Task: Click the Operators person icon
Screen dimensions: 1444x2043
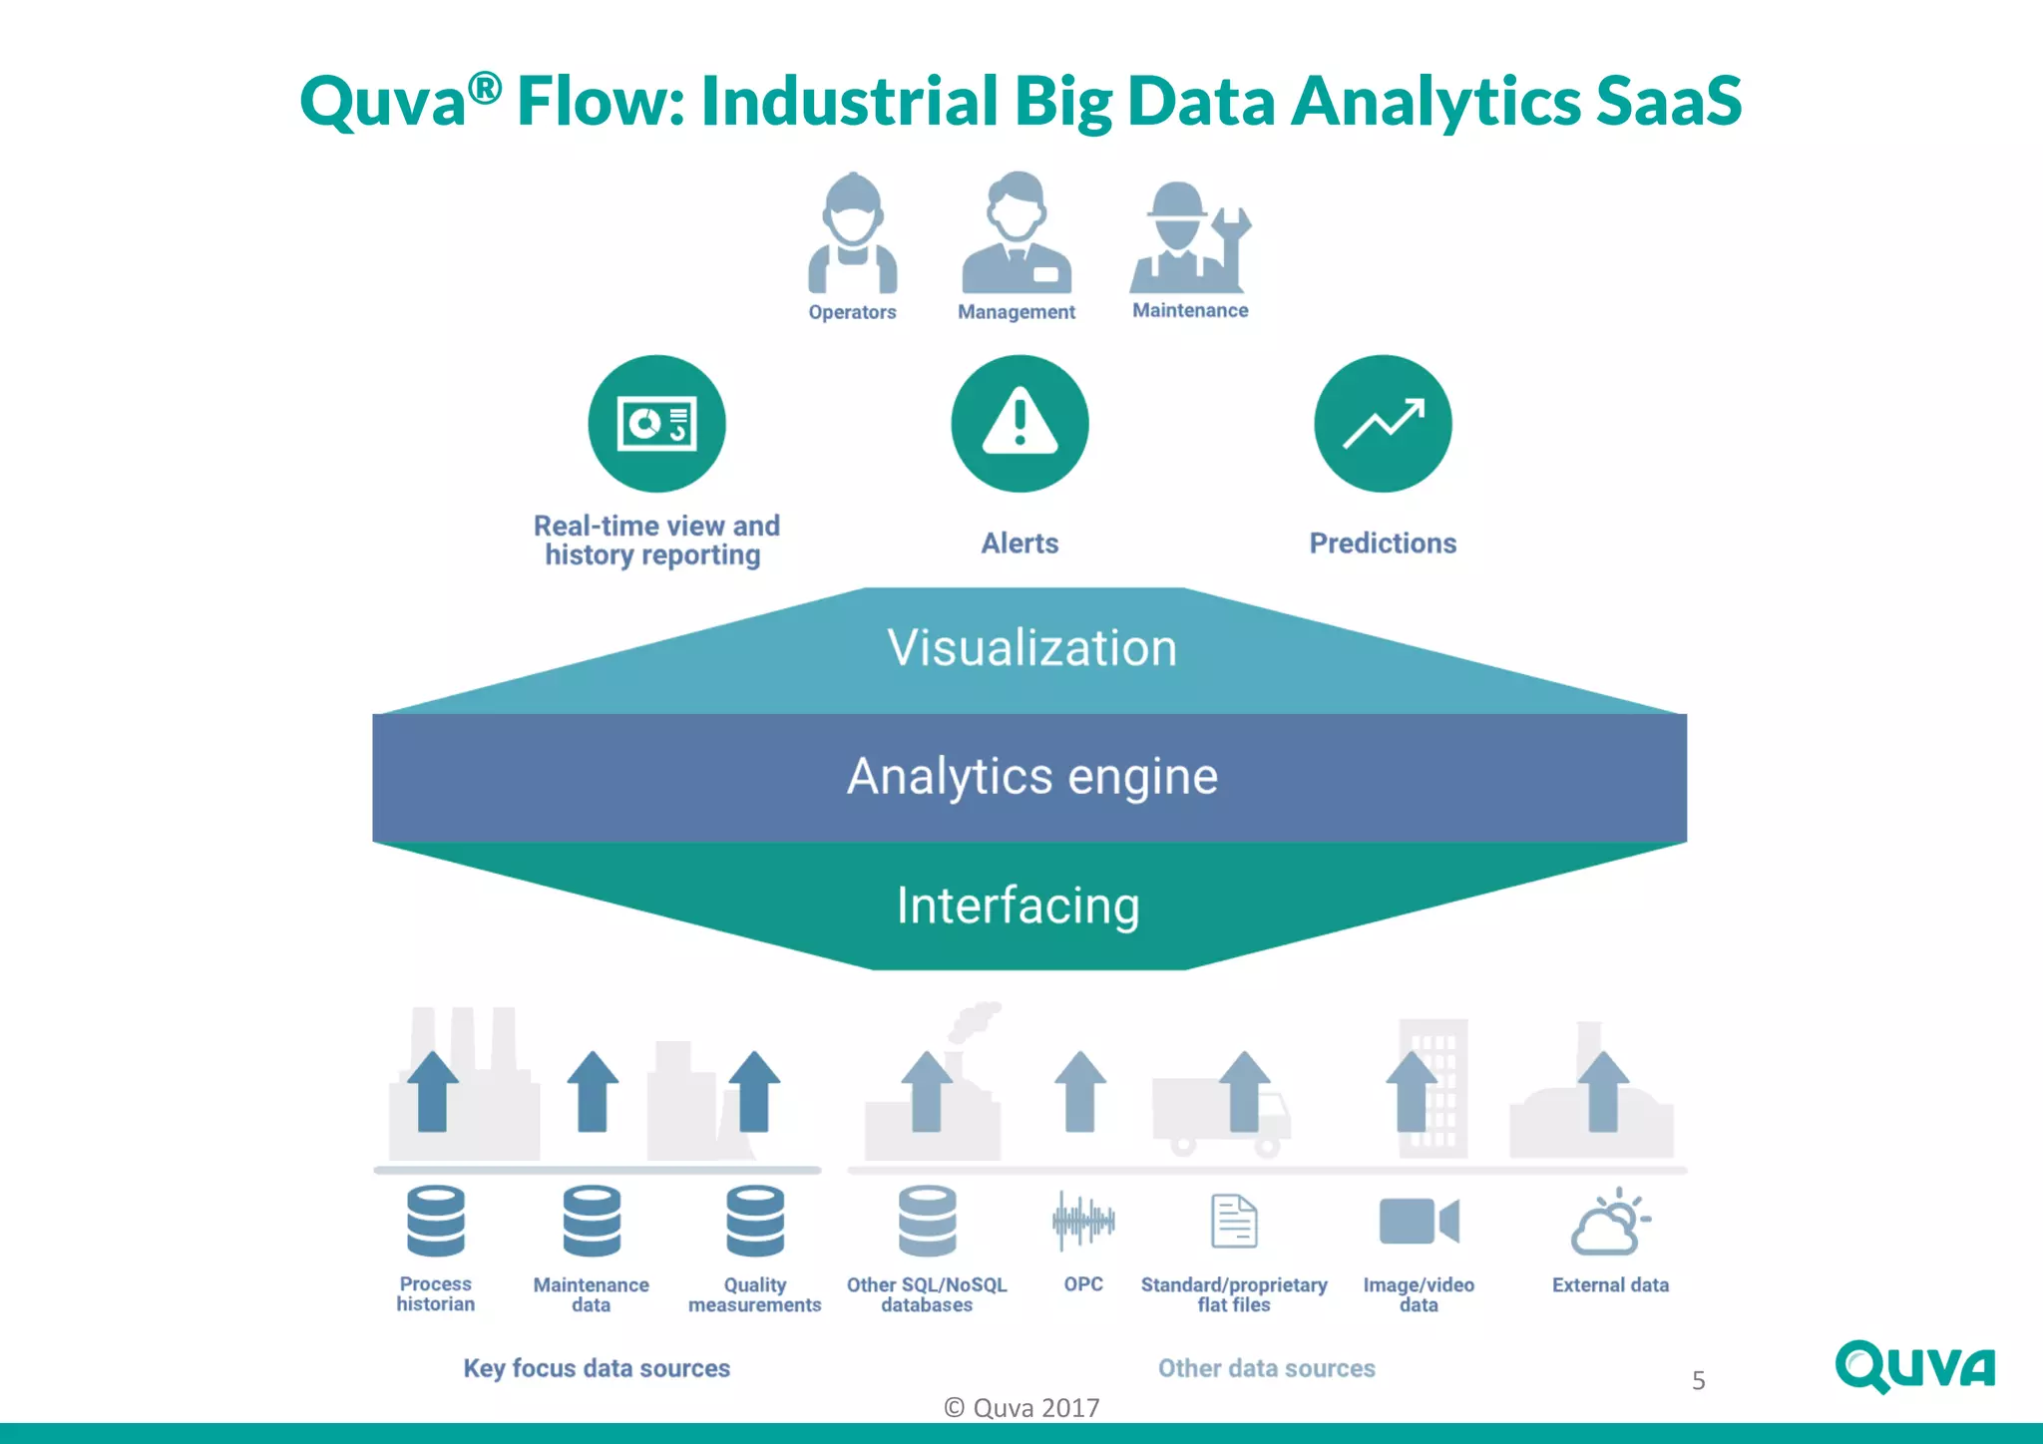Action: coord(853,234)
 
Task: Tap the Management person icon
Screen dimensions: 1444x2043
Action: coord(1017,234)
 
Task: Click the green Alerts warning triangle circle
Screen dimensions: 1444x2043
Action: coord(1020,424)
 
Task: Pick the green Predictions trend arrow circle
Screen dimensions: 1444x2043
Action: coord(1383,424)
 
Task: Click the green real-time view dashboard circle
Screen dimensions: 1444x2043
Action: coord(656,424)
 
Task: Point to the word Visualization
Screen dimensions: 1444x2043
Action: coord(1031,648)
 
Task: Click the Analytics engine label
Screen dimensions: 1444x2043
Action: coord(1031,777)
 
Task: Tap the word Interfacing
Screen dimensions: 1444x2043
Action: coord(1018,905)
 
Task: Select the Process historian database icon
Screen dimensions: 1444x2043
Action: coord(436,1221)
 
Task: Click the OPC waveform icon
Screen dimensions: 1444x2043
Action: coord(1083,1220)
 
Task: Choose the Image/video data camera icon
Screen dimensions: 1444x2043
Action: coord(1419,1221)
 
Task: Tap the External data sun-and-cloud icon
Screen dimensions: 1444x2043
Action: coord(1610,1222)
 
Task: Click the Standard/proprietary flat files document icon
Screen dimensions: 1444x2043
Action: coord(1234,1221)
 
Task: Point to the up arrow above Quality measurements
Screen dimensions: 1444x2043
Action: coord(754,1091)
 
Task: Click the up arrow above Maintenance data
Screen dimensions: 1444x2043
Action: coord(593,1091)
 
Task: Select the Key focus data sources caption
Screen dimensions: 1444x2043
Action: coord(597,1368)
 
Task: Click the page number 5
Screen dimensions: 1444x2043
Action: coord(1698,1381)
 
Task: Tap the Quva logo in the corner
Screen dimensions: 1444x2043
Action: coord(1914,1367)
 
